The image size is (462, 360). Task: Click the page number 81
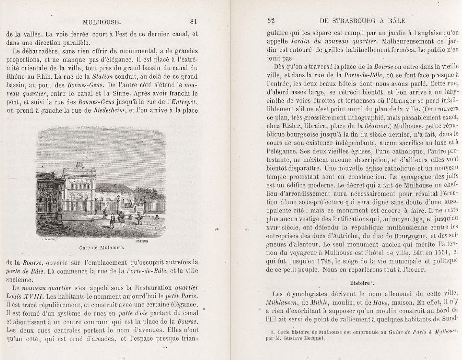click(193, 21)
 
